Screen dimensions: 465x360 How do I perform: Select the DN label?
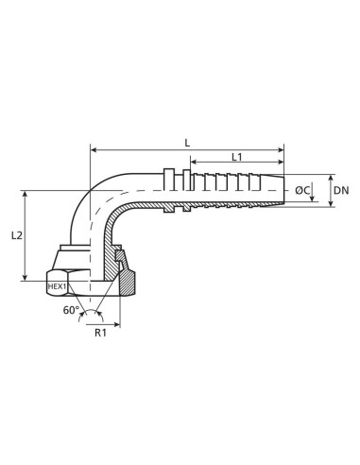pos(342,191)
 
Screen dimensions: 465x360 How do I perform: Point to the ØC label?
pos(303,191)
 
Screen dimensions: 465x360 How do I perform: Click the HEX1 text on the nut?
pos(59,286)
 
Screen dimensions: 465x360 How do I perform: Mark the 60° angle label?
pos(71,310)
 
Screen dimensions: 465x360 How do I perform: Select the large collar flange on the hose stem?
pos(170,190)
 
